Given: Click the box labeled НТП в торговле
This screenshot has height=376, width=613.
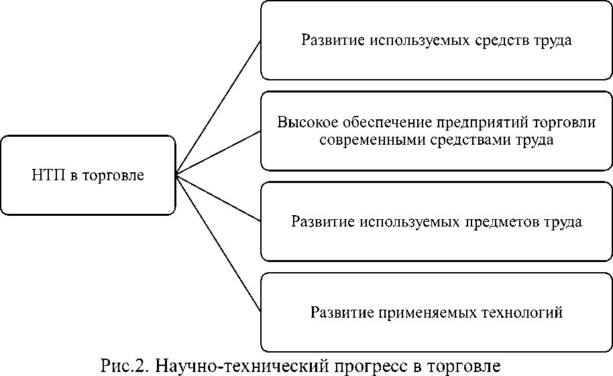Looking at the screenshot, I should pyautogui.click(x=88, y=176).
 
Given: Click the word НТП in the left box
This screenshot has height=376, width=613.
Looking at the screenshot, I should pyautogui.click(x=48, y=176).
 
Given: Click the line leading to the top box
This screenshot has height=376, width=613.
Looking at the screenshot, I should pyautogui.click(x=218, y=108).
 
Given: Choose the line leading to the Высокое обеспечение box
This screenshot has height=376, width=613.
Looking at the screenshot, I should pyautogui.click(x=218, y=152).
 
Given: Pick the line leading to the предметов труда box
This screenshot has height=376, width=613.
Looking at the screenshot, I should pyautogui.click(x=218, y=198).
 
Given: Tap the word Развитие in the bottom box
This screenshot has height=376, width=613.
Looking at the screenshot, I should pyautogui.click(x=341, y=312).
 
